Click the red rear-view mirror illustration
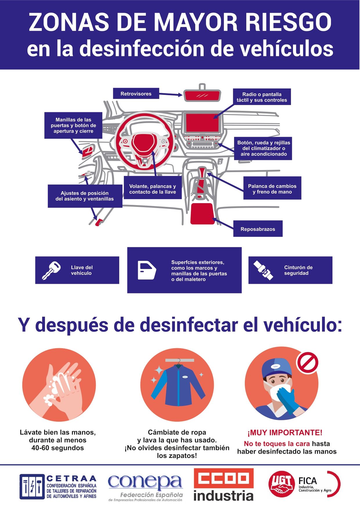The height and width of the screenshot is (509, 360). pos(202,95)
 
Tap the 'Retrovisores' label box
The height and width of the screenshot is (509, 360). pos(136,93)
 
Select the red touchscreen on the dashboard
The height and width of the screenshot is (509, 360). pos(202,123)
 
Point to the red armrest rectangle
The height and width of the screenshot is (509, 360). pos(202,214)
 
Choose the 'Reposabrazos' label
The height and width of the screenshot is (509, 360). pos(258,229)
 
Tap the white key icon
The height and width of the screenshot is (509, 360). pos(51,270)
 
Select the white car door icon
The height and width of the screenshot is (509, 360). pos(147,270)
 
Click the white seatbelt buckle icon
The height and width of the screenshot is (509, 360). pos(263,270)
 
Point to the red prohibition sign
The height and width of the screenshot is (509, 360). pos(307,362)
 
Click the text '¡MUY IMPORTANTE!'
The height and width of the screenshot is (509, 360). pos(285,433)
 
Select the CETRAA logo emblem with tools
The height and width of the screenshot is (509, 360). pos(32,487)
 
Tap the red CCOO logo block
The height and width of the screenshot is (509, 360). pos(224,479)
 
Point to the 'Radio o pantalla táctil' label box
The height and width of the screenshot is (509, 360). pos(262,97)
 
